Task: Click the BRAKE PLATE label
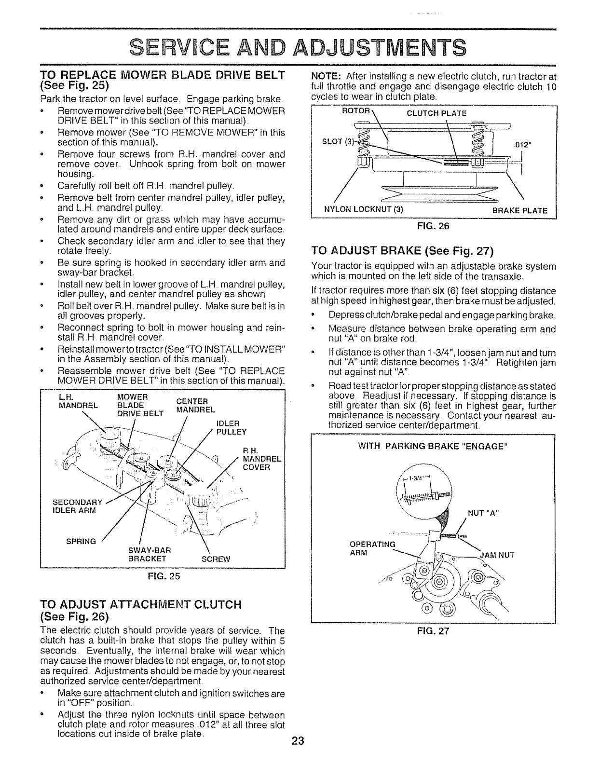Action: tap(519, 210)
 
